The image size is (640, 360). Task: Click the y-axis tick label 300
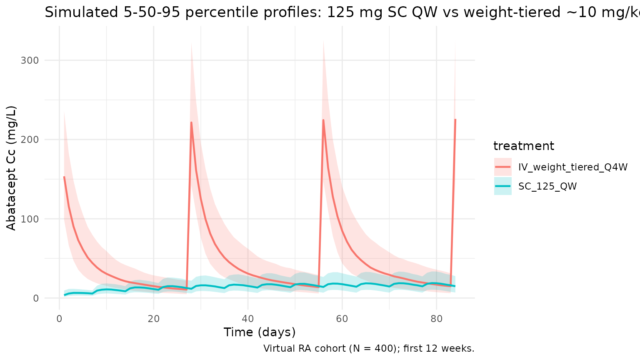[x=30, y=60]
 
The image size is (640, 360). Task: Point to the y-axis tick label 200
[x=30, y=140]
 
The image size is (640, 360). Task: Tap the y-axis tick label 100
[x=30, y=219]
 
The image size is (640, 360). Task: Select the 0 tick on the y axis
[x=36, y=298]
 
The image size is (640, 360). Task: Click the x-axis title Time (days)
[x=260, y=332]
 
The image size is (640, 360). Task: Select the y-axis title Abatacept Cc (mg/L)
[x=11, y=168]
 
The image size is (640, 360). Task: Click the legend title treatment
[x=524, y=146]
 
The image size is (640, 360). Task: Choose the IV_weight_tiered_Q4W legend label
[x=573, y=167]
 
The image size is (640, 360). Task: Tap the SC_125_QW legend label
[x=547, y=187]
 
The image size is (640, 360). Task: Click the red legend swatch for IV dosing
[x=503, y=167]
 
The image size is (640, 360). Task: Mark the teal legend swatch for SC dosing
[x=503, y=186]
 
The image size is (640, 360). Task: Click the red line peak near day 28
[x=191, y=122]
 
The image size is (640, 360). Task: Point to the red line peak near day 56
[x=323, y=120]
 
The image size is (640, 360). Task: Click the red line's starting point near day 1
[x=64, y=177]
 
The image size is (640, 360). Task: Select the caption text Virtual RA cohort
[x=306, y=348]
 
